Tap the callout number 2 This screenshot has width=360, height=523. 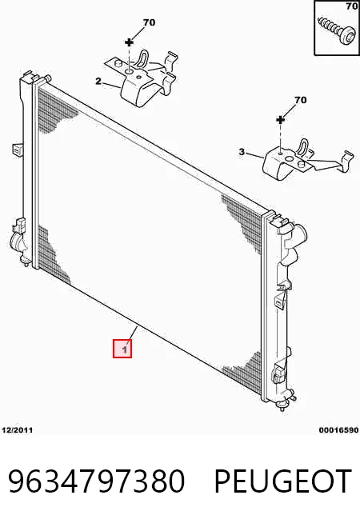coord(98,81)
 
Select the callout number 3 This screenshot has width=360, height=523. coord(242,152)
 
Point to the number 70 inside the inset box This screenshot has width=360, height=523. coord(352,6)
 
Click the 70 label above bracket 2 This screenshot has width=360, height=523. coord(149,22)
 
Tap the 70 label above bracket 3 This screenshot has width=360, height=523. coord(300,100)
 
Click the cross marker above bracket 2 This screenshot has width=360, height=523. coord(129,42)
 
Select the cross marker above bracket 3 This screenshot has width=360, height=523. coord(281,119)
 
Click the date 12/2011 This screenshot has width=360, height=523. coord(18,430)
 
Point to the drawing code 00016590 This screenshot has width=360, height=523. coord(338,430)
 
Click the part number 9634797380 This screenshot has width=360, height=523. coord(97,481)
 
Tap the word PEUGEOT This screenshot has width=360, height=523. coord(283,481)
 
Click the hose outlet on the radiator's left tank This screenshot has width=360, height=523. coord(17,242)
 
